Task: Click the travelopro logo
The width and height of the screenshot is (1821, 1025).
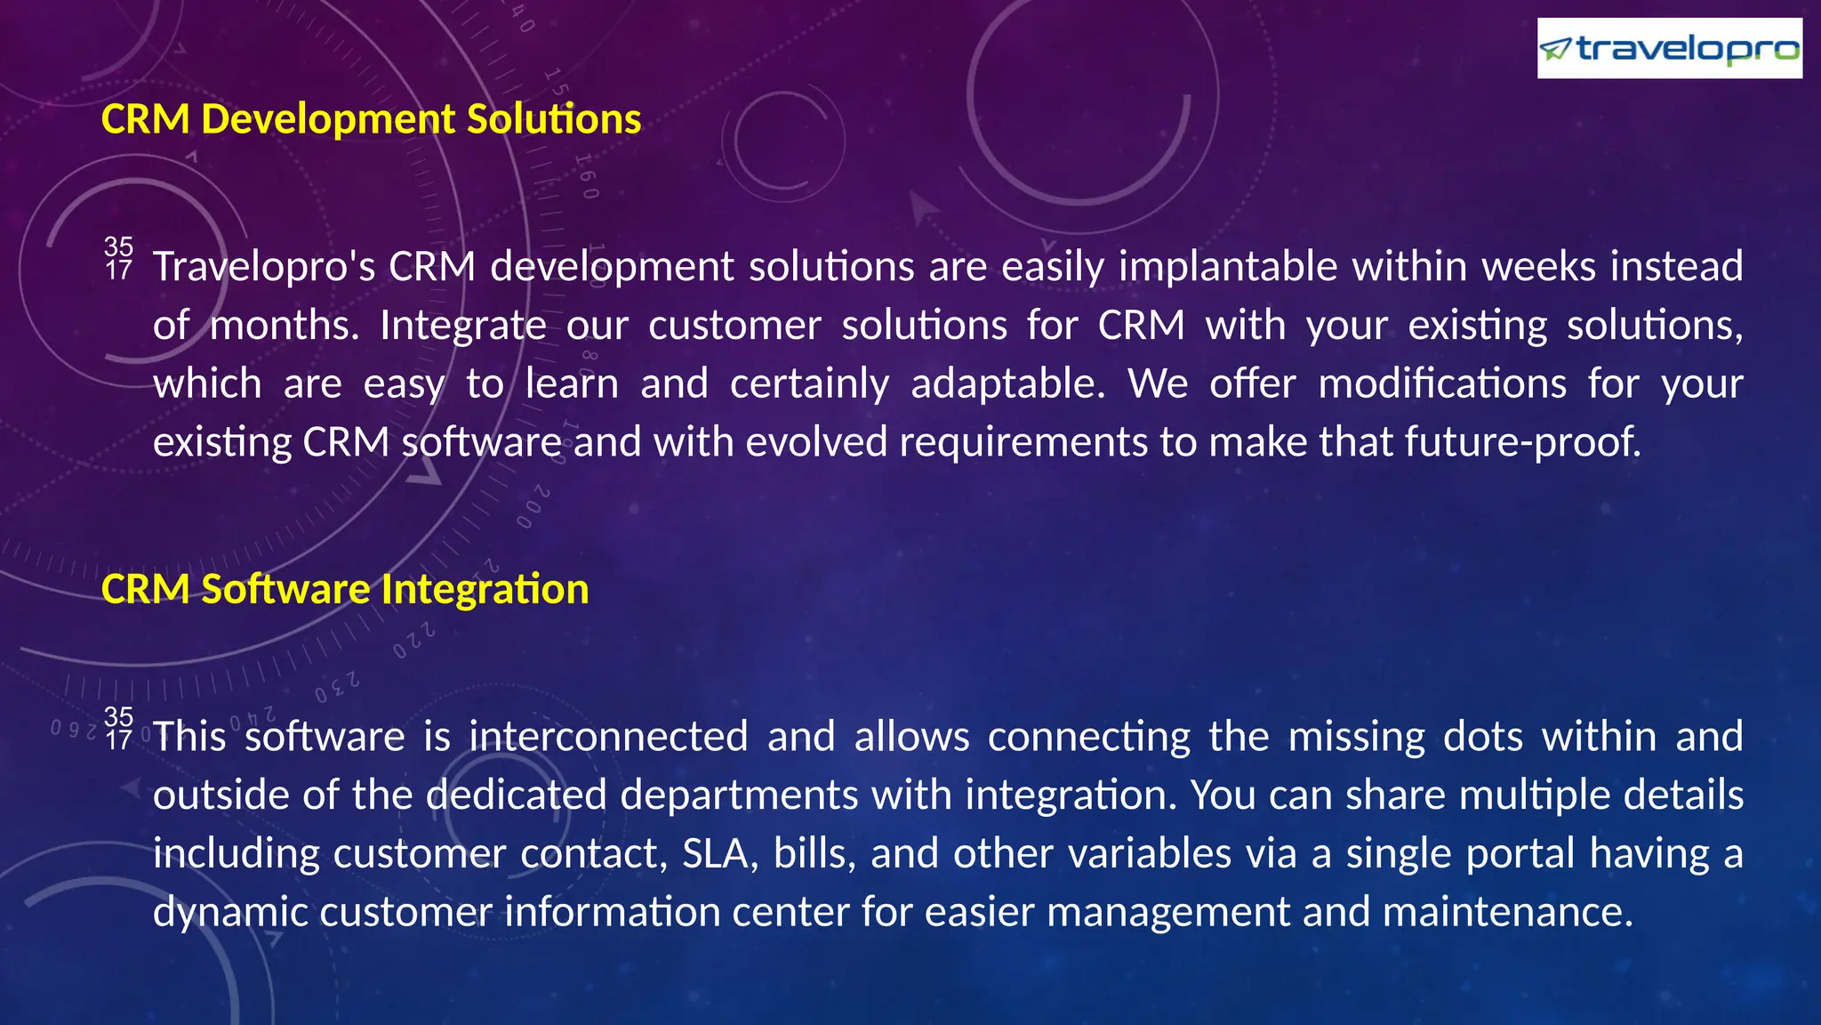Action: pyautogui.click(x=1669, y=48)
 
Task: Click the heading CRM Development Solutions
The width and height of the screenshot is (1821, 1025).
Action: pyautogui.click(x=371, y=119)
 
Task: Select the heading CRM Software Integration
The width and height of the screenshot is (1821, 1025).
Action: pyautogui.click(x=345, y=589)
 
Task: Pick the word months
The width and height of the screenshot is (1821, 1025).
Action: pyautogui.click(x=283, y=326)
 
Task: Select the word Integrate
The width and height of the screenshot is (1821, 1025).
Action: pyautogui.click(x=462, y=326)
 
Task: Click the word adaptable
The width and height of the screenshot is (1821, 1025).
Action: pyautogui.click(x=1007, y=384)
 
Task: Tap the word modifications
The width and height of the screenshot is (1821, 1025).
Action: pyautogui.click(x=1441, y=384)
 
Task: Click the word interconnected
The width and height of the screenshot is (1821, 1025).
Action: pyautogui.click(x=608, y=737)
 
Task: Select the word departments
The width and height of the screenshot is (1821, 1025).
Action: pyautogui.click(x=739, y=795)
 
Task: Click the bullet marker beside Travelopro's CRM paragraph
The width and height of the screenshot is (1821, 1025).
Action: pyautogui.click(x=118, y=258)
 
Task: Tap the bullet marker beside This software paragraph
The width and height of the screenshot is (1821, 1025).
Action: pyautogui.click(x=118, y=728)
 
